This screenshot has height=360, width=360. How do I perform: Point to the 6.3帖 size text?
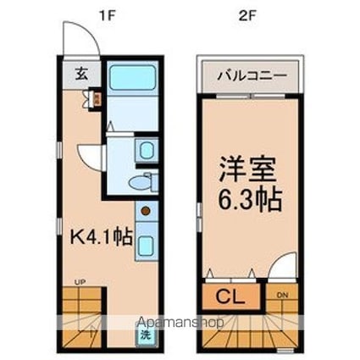click(x=247, y=202)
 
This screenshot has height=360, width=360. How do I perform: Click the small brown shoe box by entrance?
click(x=97, y=98)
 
